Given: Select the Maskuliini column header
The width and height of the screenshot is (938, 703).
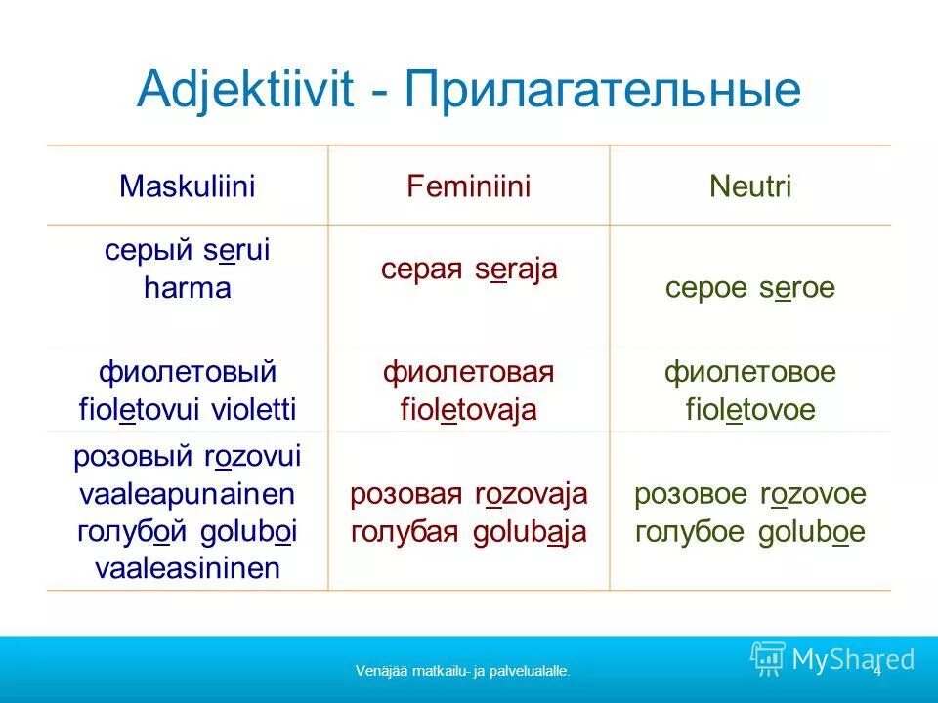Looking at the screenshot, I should click(x=187, y=186).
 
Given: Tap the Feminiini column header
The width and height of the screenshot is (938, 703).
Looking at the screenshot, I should click(x=468, y=186).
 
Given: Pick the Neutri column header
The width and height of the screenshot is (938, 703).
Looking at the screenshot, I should click(x=749, y=186).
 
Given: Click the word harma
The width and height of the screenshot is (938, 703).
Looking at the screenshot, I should click(x=187, y=288).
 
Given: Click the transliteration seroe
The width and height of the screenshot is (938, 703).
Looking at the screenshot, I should click(x=796, y=288).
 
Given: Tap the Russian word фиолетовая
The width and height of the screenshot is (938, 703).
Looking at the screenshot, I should click(x=468, y=372).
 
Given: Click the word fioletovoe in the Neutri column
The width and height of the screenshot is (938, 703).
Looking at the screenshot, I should click(x=749, y=409).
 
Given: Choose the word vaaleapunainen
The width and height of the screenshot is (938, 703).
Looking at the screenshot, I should click(x=187, y=494).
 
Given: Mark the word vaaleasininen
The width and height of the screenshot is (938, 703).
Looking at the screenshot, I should click(x=187, y=568).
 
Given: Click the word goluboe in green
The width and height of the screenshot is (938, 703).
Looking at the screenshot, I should click(x=811, y=532).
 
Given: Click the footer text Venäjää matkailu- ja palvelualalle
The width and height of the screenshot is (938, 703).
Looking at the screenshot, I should click(x=462, y=671).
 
